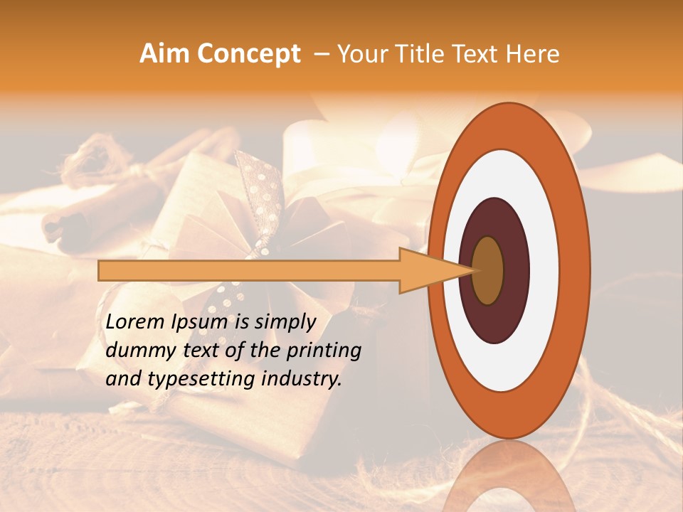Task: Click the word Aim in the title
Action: [164, 54]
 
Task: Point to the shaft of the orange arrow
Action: [249, 271]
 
